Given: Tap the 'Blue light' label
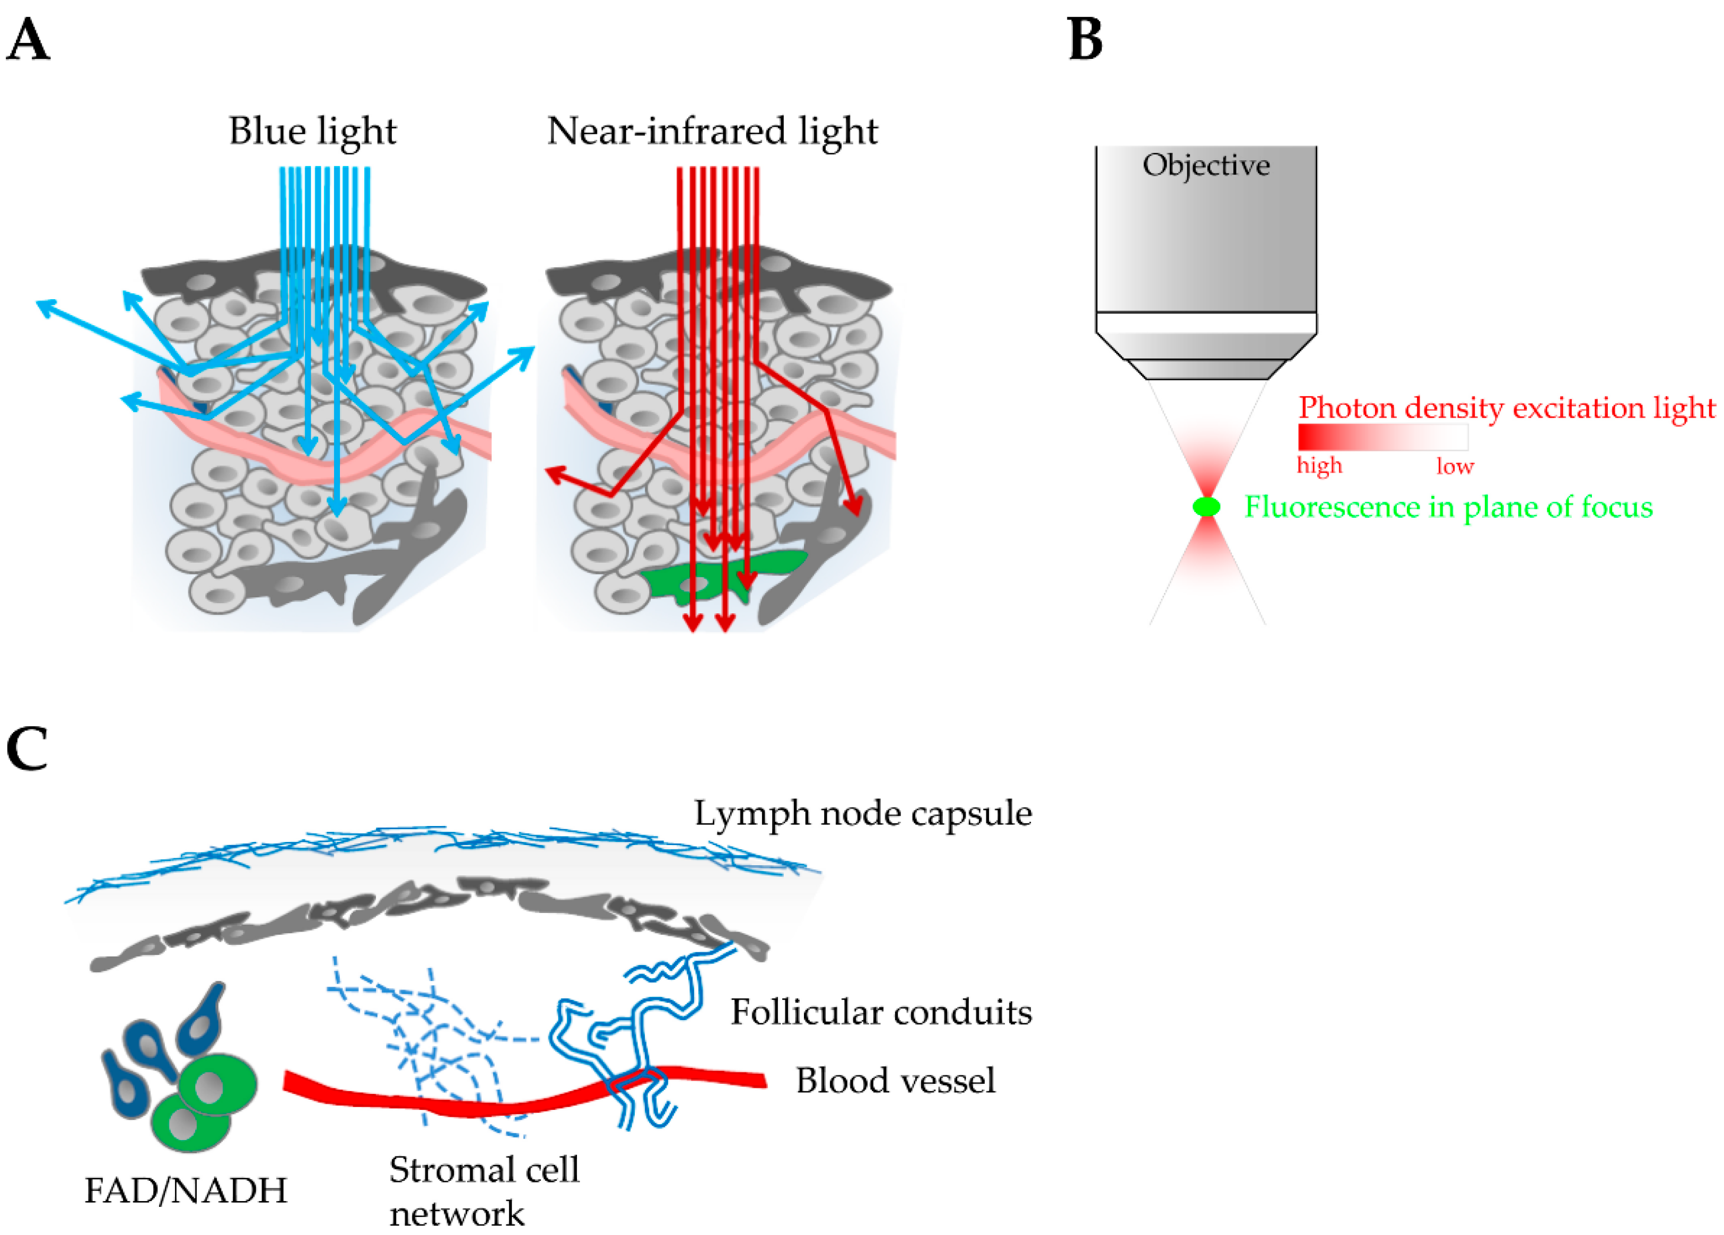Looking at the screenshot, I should [x=312, y=131].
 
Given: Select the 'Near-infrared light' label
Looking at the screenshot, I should [x=712, y=131].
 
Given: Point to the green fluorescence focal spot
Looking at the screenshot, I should [x=1206, y=507].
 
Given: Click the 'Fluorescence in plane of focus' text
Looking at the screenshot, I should [x=1448, y=507].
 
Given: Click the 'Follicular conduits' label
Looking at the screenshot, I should [x=881, y=1012].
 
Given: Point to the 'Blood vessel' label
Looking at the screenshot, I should [x=895, y=1080].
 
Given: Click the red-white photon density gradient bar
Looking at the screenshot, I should [x=1382, y=437].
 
